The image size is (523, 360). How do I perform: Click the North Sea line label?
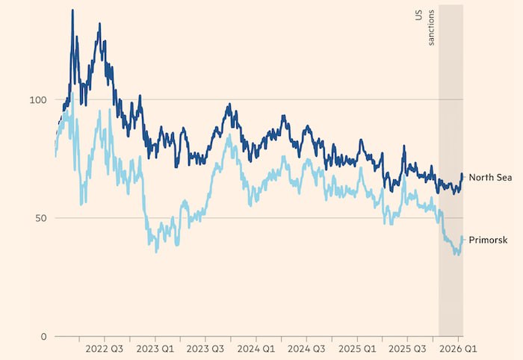[490, 176]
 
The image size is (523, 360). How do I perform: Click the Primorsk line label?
[489, 240]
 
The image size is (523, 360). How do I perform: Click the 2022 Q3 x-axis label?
[104, 349]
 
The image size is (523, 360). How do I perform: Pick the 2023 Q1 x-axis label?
[155, 349]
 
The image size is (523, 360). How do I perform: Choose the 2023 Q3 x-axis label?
[205, 349]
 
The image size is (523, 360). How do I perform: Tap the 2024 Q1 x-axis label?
[256, 349]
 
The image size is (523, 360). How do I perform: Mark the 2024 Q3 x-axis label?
[307, 349]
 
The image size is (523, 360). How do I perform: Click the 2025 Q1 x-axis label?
[358, 349]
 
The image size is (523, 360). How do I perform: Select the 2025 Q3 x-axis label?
[409, 349]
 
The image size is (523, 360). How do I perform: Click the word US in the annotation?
[418, 15]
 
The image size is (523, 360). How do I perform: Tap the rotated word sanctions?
[431, 30]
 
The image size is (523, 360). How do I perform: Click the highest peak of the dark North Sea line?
[72, 10]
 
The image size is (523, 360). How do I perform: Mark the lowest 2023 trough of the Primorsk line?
[156, 252]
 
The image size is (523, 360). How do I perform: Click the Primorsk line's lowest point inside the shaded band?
[457, 255]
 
